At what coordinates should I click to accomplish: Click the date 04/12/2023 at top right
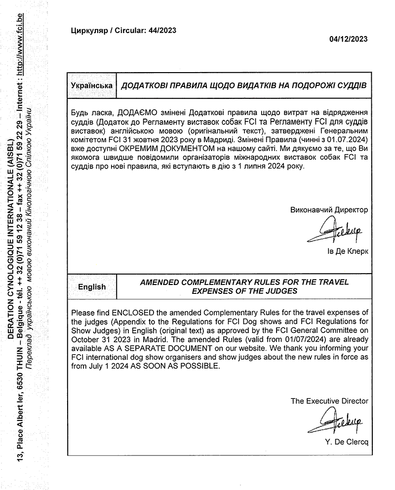click(x=348, y=40)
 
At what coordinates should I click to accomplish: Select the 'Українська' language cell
click(x=91, y=85)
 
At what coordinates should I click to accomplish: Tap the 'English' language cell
click(x=92, y=286)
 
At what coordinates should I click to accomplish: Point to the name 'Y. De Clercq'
click(x=347, y=441)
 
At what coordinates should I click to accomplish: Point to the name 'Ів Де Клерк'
click(x=348, y=251)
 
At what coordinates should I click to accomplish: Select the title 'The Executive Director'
click(x=329, y=401)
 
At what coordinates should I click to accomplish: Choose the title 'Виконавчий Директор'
click(x=329, y=210)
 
